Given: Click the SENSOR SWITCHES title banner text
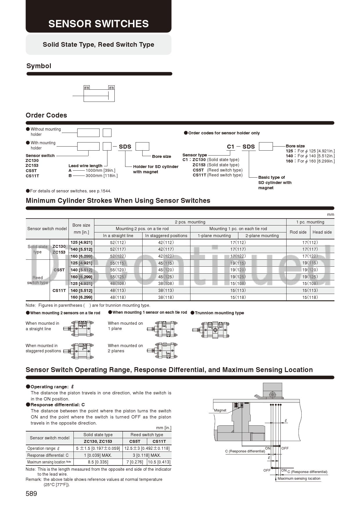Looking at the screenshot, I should point(98,24).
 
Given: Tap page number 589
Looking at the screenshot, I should point(31,494).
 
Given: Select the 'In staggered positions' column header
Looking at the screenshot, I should point(166,236).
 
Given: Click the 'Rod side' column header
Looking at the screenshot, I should point(298,232).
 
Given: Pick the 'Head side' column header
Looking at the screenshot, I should point(322,232).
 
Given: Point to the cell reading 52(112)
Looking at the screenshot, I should point(118,243).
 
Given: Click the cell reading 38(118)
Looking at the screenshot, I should point(166,297).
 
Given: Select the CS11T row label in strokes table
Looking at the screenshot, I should point(59,290).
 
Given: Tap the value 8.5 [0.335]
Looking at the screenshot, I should point(98,462).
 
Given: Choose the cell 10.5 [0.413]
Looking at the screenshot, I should point(159,462).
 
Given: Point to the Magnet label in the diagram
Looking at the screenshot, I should point(220,410).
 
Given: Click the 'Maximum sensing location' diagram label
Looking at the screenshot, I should point(299,479).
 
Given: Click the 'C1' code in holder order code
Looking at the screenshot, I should point(231,147).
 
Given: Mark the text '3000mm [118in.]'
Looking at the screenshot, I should point(102,176).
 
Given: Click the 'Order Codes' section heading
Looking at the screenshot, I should point(46,115).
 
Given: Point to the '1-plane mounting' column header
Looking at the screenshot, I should point(214,236).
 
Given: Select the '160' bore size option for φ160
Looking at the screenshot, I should point(289,161).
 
